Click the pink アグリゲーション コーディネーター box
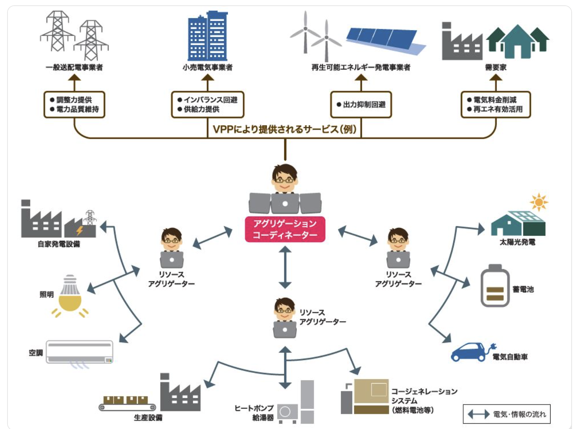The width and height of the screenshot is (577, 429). tap(285, 229)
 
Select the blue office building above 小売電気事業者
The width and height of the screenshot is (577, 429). tap(208, 36)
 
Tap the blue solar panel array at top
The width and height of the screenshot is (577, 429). tap(384, 40)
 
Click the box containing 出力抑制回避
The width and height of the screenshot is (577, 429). tap(361, 105)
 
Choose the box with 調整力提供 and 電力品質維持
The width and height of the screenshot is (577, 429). tap(74, 104)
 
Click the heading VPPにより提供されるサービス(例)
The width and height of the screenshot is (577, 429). tap(285, 129)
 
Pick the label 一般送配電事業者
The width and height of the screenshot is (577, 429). tap(74, 67)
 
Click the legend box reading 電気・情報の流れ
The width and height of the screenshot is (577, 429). tap(507, 414)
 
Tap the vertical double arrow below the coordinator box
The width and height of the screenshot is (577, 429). tap(285, 267)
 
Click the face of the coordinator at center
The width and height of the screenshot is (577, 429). tap(285, 179)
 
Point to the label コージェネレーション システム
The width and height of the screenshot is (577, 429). tap(424, 396)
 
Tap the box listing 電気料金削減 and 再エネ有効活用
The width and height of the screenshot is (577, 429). tap(495, 104)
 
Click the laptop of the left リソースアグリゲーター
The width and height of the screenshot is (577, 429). tap(172, 260)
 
